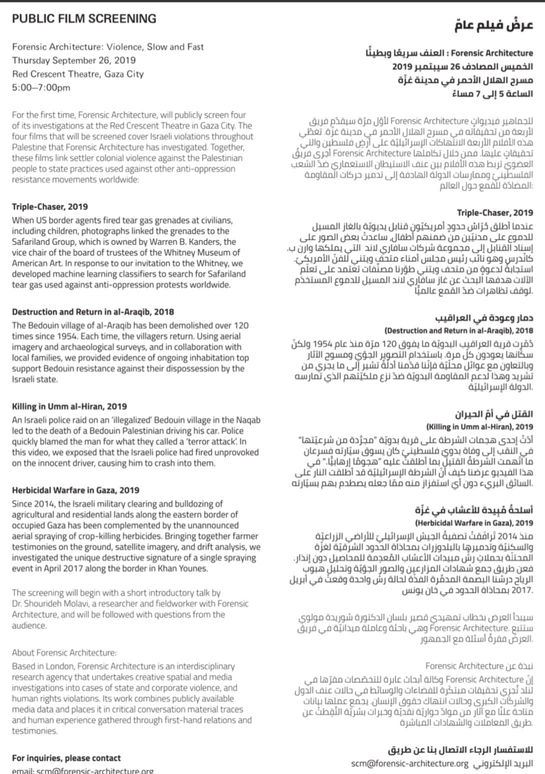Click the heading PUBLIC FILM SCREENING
[84, 19]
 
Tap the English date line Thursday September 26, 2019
[74, 60]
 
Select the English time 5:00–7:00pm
[41, 87]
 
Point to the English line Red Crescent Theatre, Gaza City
[78, 74]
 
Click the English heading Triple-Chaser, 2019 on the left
[50, 206]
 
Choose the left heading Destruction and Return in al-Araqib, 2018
[93, 311]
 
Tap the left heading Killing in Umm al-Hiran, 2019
[69, 406]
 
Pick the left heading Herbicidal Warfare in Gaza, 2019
[75, 490]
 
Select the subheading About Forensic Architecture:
[64, 652]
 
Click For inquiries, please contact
[66, 758]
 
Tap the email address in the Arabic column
[410, 763]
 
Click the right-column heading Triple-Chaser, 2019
[495, 212]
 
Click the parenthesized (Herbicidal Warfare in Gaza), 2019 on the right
[474, 523]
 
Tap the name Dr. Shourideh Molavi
[47, 604]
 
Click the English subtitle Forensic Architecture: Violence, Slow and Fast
[108, 47]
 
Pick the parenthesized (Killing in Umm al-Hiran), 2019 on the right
[479, 427]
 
